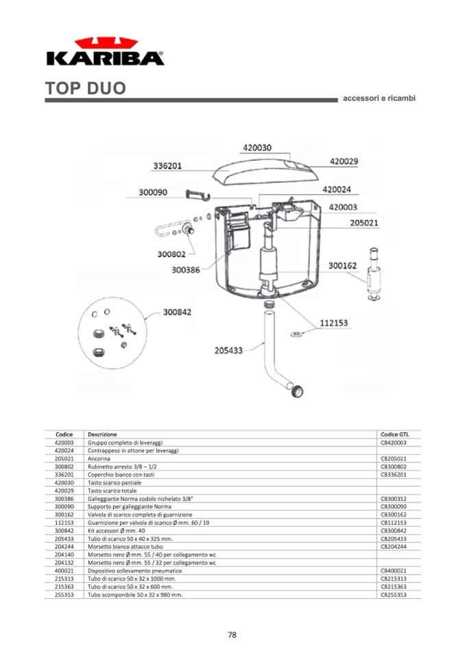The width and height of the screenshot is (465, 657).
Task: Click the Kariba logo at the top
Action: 105,51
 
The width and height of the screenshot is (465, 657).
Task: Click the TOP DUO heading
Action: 86,89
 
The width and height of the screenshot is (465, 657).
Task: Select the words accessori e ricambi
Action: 379,98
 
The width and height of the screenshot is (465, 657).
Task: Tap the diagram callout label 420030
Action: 257,147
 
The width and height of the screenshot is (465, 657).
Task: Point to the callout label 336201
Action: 167,166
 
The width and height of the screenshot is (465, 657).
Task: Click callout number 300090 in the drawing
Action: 153,193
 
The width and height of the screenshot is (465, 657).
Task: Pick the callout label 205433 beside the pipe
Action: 228,350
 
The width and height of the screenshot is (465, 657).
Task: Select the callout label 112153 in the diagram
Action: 333,323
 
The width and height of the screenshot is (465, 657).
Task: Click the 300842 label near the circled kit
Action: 176,312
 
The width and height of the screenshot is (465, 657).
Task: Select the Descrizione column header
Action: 102,434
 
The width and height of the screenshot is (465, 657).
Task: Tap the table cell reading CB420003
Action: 394,443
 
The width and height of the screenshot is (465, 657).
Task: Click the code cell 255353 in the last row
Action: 64,595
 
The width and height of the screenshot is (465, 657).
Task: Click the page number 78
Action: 232,635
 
